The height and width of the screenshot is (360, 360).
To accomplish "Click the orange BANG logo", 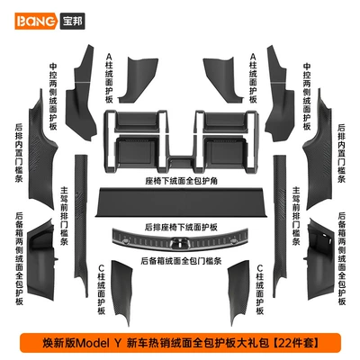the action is click(x=36, y=22).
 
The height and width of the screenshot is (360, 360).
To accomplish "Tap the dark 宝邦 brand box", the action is click(x=73, y=22).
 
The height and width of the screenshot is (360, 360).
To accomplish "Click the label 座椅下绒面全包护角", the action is click(x=181, y=181).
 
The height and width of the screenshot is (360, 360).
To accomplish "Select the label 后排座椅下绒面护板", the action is click(x=181, y=227).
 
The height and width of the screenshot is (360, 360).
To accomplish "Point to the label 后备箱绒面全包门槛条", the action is click(x=181, y=261).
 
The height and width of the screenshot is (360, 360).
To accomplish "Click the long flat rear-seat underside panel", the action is click(x=181, y=202).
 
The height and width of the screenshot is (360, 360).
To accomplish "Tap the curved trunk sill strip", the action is click(x=180, y=239).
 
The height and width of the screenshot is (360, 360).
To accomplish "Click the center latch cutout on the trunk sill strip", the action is click(x=180, y=243).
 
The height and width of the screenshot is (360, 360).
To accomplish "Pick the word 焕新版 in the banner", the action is click(x=59, y=343).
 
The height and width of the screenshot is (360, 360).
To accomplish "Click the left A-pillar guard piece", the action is click(x=138, y=80).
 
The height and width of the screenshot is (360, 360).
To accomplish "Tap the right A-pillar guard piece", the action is click(x=223, y=80).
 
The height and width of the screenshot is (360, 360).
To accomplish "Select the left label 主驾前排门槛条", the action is click(x=65, y=216).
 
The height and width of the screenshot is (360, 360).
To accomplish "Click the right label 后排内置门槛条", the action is click(x=341, y=153).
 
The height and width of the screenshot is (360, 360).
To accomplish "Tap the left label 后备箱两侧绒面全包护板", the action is click(x=19, y=258).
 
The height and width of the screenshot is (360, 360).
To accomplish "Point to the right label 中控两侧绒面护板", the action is click(x=307, y=96).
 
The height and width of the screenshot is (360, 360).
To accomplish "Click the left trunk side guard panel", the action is click(x=42, y=259).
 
